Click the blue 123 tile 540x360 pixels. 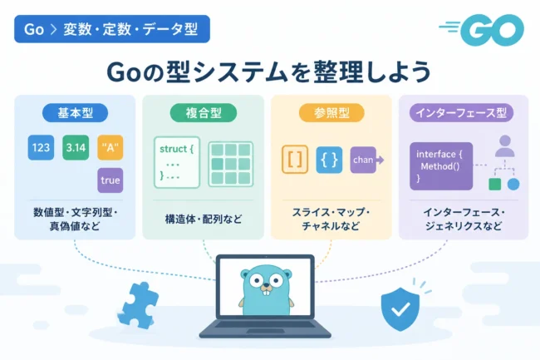pyautogui.click(x=41, y=147)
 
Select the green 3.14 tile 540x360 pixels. pyautogui.click(x=76, y=147)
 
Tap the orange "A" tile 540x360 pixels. pyautogui.click(x=110, y=147)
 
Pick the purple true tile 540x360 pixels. pyautogui.click(x=110, y=180)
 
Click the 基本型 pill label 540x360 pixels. pyautogui.click(x=75, y=113)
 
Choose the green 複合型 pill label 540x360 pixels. pyautogui.click(x=204, y=113)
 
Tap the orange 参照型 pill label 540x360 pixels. pyautogui.click(x=331, y=113)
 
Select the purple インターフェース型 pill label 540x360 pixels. pyautogui.click(x=461, y=113)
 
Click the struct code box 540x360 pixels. pyautogui.click(x=177, y=162)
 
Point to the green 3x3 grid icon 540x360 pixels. pyautogui.click(x=231, y=164)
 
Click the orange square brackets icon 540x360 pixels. pyautogui.click(x=295, y=160)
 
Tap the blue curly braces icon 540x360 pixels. pyautogui.click(x=329, y=160)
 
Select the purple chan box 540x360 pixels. pyautogui.click(x=363, y=160)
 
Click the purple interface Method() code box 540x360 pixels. pyautogui.click(x=441, y=166)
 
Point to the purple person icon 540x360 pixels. pyautogui.click(x=505, y=146)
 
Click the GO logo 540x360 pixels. pyautogui.click(x=482, y=30)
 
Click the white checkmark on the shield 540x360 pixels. pyautogui.click(x=401, y=309)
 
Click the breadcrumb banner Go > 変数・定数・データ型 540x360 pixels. pyautogui.click(x=112, y=29)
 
